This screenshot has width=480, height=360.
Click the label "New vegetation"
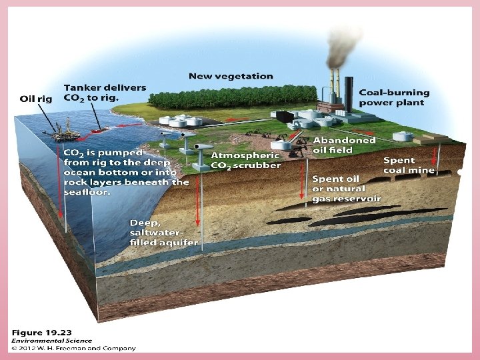(230, 76)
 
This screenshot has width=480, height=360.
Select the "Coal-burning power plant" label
(394, 97)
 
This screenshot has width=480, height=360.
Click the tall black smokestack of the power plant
(349, 93)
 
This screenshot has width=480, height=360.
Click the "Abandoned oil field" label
(345, 145)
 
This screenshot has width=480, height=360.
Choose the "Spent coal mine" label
(409, 165)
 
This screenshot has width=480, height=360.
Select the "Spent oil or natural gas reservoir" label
(347, 189)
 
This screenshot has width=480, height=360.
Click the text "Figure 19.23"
(41, 331)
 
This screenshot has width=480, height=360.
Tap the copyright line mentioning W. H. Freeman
(73, 348)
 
